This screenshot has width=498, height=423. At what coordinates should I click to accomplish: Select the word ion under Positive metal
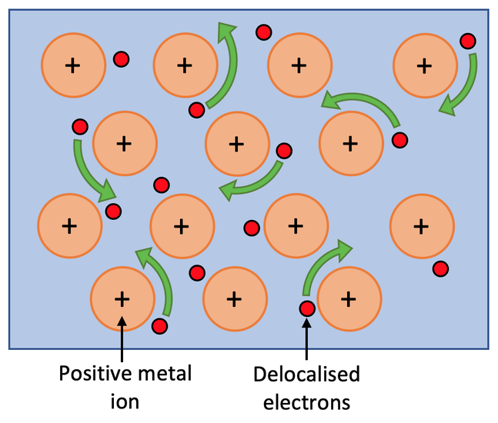(x=122, y=401)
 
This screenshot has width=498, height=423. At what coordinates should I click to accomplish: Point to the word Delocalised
(x=306, y=375)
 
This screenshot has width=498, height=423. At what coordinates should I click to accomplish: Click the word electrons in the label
(x=306, y=401)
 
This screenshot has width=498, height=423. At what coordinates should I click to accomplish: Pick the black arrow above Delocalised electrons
(x=307, y=338)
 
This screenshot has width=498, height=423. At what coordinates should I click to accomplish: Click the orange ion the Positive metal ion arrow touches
(x=122, y=298)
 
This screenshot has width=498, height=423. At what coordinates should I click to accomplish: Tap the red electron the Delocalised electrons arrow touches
(x=307, y=309)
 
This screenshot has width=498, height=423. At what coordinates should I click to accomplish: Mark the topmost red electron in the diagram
(x=264, y=32)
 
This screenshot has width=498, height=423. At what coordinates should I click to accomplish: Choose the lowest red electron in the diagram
(x=160, y=326)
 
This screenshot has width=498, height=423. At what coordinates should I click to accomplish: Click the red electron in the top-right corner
(x=466, y=41)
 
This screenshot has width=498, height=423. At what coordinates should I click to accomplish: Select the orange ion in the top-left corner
(x=72, y=66)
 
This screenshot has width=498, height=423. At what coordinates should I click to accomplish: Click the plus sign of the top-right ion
(x=423, y=66)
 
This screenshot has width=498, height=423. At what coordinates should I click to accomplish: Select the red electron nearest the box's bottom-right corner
(x=440, y=268)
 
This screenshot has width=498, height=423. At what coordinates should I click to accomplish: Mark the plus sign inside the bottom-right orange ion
(x=420, y=226)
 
